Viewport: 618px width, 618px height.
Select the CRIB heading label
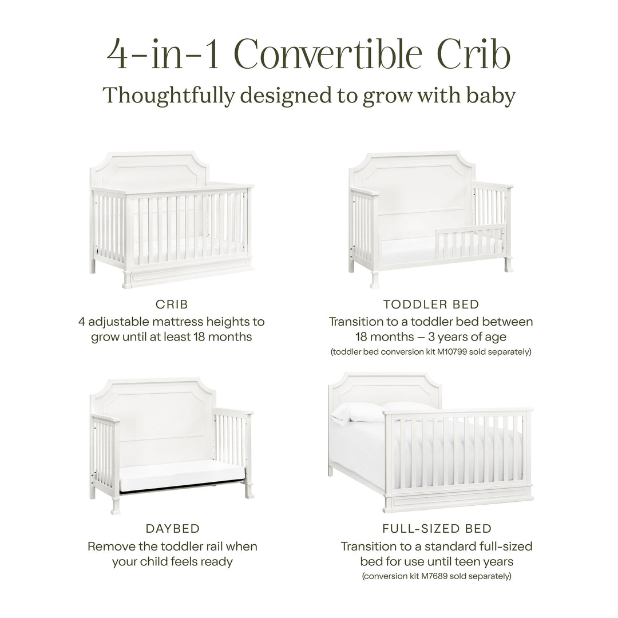coord(171,304)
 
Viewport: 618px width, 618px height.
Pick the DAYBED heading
coord(172,528)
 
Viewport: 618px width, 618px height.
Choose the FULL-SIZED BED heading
coord(437,528)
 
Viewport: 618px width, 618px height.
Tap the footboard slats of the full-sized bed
coord(458,452)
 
